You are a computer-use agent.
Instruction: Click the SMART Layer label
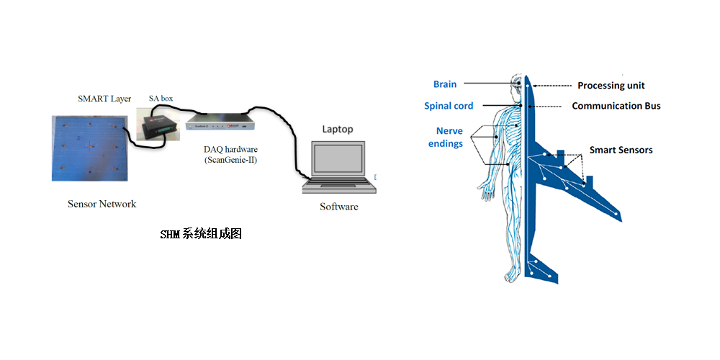coord(104,99)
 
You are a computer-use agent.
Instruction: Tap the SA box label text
coord(161,99)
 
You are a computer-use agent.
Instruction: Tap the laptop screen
coord(338,162)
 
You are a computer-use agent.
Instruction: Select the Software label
coord(338,207)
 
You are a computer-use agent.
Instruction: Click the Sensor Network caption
coord(102,204)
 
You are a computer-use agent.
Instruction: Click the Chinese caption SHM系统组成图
coord(199,235)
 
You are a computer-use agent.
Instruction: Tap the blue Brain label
coord(444,84)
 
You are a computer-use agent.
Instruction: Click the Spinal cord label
coord(449,106)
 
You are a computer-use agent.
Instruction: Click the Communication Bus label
coord(616,106)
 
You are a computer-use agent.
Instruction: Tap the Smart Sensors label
coord(621,150)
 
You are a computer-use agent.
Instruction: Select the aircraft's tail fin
coord(534,267)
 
